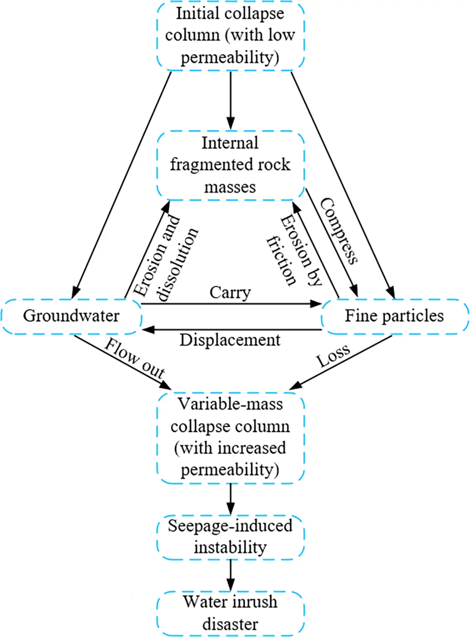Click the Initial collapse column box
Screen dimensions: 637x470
(x=230, y=35)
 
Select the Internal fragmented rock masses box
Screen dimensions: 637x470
(x=230, y=165)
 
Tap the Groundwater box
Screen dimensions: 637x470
(x=71, y=316)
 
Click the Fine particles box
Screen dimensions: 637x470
(x=394, y=316)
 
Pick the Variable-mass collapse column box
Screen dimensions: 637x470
(x=230, y=437)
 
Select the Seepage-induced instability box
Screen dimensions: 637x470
(x=230, y=537)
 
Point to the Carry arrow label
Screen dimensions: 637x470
(x=230, y=293)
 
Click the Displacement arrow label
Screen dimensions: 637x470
(x=230, y=340)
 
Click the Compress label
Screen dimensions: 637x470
(x=339, y=231)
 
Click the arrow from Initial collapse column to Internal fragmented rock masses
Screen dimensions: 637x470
(x=230, y=100)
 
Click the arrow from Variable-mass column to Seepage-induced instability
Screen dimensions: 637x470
(x=230, y=499)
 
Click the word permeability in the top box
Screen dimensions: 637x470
(x=230, y=57)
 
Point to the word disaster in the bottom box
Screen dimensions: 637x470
(x=230, y=624)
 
